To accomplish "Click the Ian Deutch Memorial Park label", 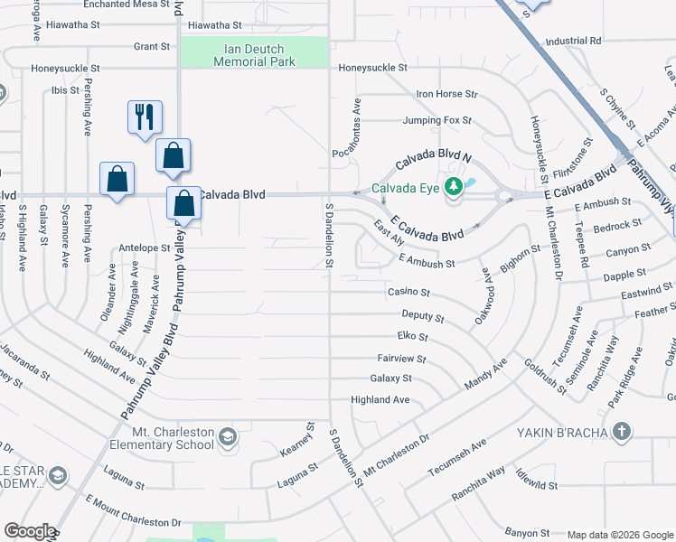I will pos(254,55).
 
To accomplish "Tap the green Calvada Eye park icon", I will pos(455,189).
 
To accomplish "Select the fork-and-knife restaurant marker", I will pos(145,117).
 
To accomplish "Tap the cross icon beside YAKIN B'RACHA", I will pos(621,431).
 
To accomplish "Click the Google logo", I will pos(30,531).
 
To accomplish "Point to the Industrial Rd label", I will pos(573,42).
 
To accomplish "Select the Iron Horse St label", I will pos(446,94).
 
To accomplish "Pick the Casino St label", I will pos(408,293).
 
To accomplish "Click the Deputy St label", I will pos(422,318).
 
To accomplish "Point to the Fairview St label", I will pos(401,359).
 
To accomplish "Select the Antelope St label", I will pos(145,248).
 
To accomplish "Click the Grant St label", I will pos(151,46).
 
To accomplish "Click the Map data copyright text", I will pos(619,534).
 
